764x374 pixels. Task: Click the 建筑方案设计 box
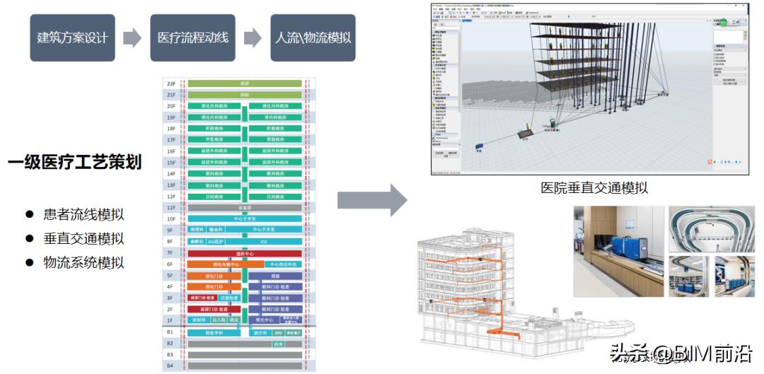pyautogui.click(x=71, y=37)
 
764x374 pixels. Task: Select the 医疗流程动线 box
pyautogui.click(x=193, y=37)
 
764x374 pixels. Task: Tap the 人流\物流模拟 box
pyautogui.click(x=313, y=37)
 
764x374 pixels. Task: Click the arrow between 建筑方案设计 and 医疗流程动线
pyautogui.click(x=132, y=37)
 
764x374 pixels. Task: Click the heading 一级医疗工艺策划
pyautogui.click(x=74, y=163)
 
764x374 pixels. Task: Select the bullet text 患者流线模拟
pyautogui.click(x=84, y=214)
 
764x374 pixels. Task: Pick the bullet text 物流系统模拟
pyautogui.click(x=84, y=262)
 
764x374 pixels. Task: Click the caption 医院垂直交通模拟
pyautogui.click(x=594, y=188)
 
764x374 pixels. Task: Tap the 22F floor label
pyautogui.click(x=171, y=83)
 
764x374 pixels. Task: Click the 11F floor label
pyautogui.click(x=171, y=208)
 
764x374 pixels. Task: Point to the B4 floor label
pyautogui.click(x=171, y=366)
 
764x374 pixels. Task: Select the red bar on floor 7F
pyautogui.click(x=245, y=253)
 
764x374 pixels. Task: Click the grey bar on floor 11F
pyautogui.click(x=245, y=208)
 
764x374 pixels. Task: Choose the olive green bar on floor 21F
pyautogui.click(x=245, y=95)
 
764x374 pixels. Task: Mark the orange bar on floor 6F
pyautogui.click(x=216, y=264)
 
